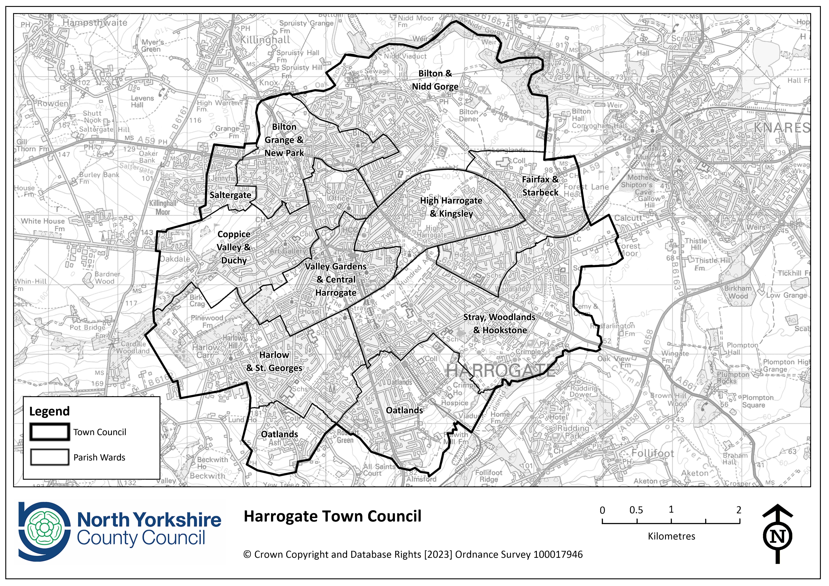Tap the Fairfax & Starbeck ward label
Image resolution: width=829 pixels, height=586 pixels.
(x=540, y=186)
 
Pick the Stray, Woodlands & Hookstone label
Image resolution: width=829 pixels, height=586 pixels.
(x=499, y=324)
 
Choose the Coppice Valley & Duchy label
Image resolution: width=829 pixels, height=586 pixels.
(x=234, y=247)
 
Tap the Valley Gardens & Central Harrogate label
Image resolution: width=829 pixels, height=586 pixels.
(x=336, y=279)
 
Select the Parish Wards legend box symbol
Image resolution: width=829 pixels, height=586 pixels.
(x=49, y=457)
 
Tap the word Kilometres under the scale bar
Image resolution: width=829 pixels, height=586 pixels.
(x=671, y=536)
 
